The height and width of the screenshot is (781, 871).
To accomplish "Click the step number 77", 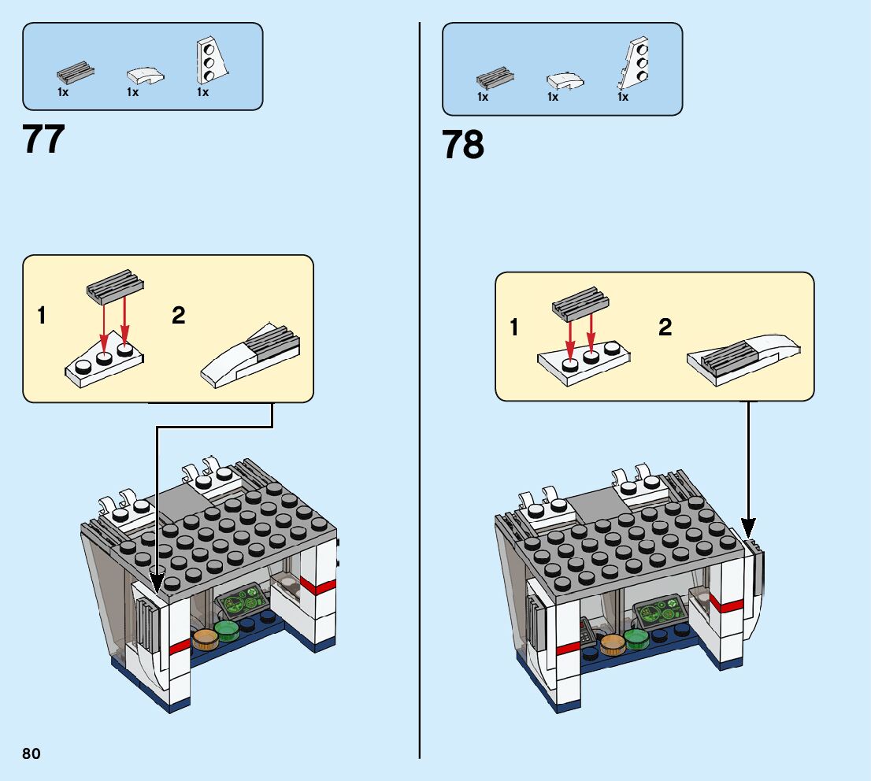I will click(x=44, y=139).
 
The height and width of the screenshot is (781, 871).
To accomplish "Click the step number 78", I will click(x=463, y=146).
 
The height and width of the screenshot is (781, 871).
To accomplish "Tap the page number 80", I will click(x=31, y=753).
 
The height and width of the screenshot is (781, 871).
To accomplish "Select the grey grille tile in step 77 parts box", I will click(x=76, y=73).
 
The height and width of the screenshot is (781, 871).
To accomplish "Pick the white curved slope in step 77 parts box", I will click(x=146, y=76).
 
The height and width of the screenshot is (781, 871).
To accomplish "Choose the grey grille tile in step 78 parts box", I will click(x=495, y=78).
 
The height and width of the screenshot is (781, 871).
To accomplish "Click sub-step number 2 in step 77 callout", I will click(x=179, y=316).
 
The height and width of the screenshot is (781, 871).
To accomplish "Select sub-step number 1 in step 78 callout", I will click(x=514, y=327).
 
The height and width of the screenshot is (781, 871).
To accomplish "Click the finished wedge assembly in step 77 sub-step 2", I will click(x=251, y=354).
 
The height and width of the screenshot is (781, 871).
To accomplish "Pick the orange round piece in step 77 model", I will click(x=205, y=637).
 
